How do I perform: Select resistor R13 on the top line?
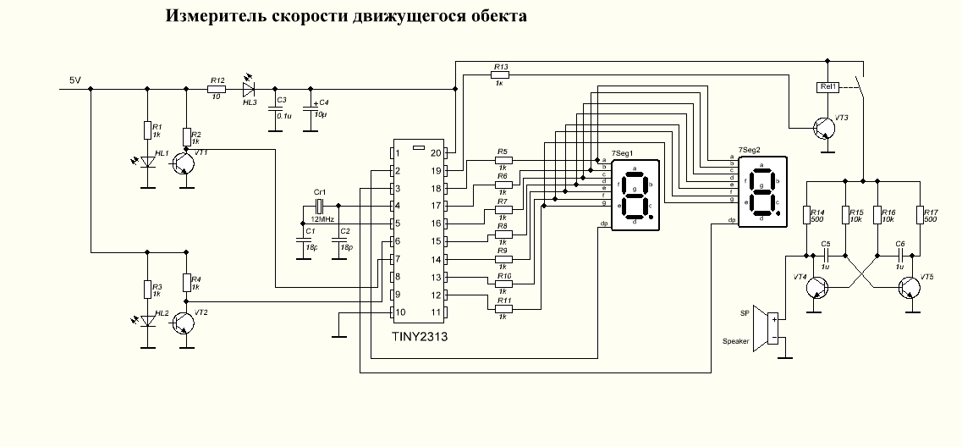click(500, 75)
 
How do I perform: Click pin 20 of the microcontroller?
click(435, 153)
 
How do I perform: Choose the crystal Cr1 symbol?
click(320, 206)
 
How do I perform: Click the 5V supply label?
click(75, 81)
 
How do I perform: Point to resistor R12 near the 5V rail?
click(217, 88)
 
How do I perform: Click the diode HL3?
click(250, 88)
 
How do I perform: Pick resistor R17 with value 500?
click(919, 216)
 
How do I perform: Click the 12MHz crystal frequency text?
click(322, 218)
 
